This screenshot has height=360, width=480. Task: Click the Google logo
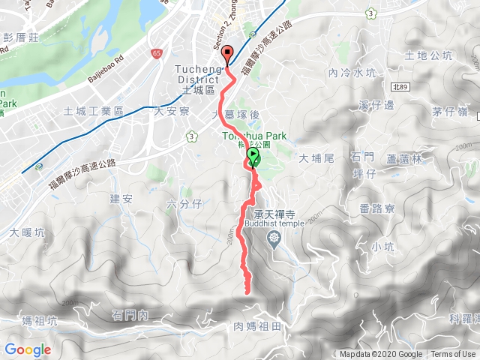point(28,349)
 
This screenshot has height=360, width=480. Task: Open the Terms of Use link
point(452,355)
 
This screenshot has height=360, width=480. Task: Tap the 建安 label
point(121,199)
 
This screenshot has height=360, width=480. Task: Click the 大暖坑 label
point(26,233)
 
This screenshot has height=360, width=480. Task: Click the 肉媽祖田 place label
point(256,326)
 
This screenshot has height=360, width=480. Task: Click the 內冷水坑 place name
point(351,73)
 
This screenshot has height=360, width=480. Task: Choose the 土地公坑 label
point(428,55)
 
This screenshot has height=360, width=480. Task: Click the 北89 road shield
point(402,88)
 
